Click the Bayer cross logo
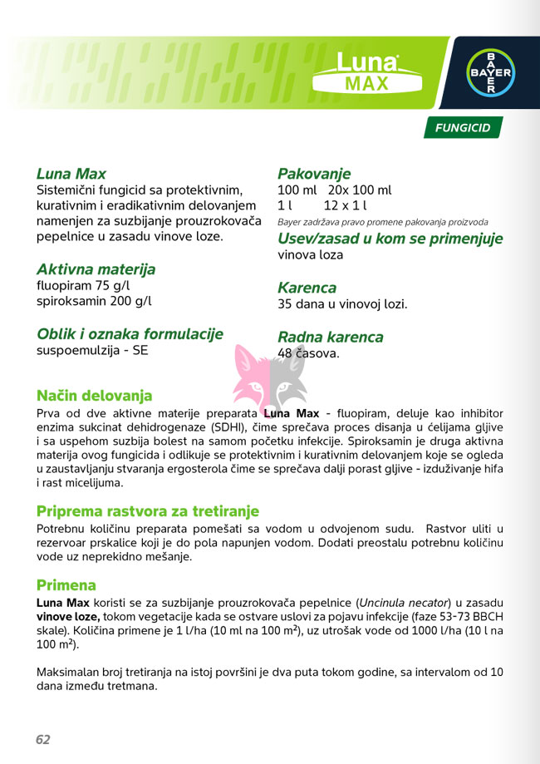(x=488, y=72)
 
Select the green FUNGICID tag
(x=463, y=128)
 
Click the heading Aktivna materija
(x=96, y=270)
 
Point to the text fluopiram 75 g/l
(x=83, y=286)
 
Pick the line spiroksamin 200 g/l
(x=94, y=301)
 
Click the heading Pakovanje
(x=314, y=174)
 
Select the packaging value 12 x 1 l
(x=346, y=205)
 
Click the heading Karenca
(x=307, y=288)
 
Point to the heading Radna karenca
(x=330, y=338)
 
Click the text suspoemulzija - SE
(x=93, y=350)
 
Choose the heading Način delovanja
(x=94, y=396)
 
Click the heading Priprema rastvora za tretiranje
(x=148, y=510)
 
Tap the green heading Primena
(x=66, y=585)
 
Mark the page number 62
(x=43, y=739)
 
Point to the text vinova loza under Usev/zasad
(x=310, y=255)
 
